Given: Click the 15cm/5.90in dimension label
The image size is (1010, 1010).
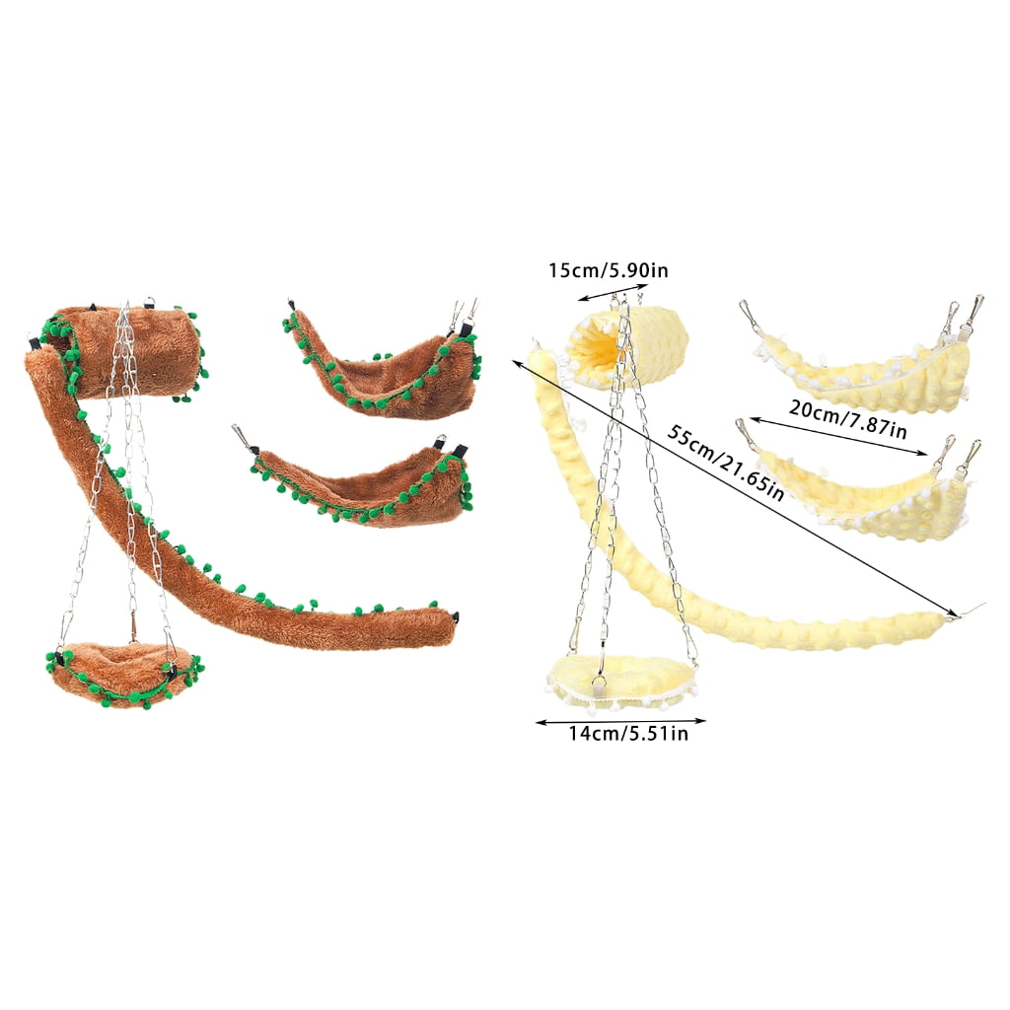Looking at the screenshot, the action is coord(608,270).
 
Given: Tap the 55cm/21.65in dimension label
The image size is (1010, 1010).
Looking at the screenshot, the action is coord(725,463).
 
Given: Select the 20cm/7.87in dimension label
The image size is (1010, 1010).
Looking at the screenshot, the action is coord(847,418).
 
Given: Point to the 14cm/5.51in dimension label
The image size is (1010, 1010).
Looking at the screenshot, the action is coord(628,734).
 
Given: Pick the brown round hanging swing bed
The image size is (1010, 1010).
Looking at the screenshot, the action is coord(122,673).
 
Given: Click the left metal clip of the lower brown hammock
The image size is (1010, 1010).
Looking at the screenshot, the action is coord(243,437).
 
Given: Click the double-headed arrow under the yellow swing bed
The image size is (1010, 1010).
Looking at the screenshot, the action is coord(621,721).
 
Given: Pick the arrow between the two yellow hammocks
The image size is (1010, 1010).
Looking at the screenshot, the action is coord(838,437).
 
